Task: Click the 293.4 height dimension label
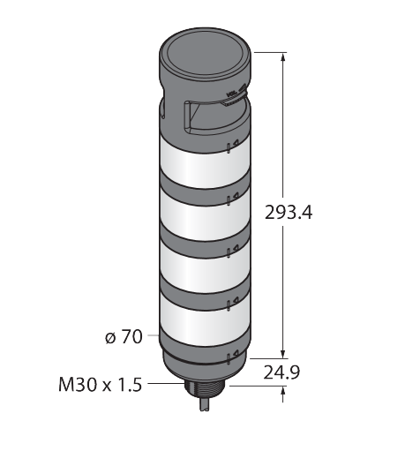289,213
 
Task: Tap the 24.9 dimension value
281,372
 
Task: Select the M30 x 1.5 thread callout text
101,385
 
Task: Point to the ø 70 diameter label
124,337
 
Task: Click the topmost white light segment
205,162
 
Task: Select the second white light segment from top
205,213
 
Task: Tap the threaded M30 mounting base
206,389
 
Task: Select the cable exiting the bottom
205,405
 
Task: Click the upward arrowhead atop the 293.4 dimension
283,57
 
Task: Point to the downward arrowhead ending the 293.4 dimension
283,354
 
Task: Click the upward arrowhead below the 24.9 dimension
283,391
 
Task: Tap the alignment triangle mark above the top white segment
236,144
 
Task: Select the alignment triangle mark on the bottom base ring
236,353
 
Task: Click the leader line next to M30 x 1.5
166,384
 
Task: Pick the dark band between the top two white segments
205,188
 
